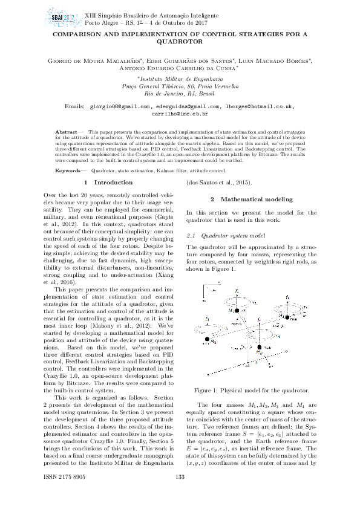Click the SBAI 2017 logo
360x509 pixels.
pyautogui.click(x=62, y=16)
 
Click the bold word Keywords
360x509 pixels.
pyautogui.click(x=68, y=171)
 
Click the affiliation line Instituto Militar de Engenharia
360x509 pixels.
pyautogui.click(x=180, y=79)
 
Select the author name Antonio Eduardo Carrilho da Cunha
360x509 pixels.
pyautogui.click(x=180, y=68)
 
